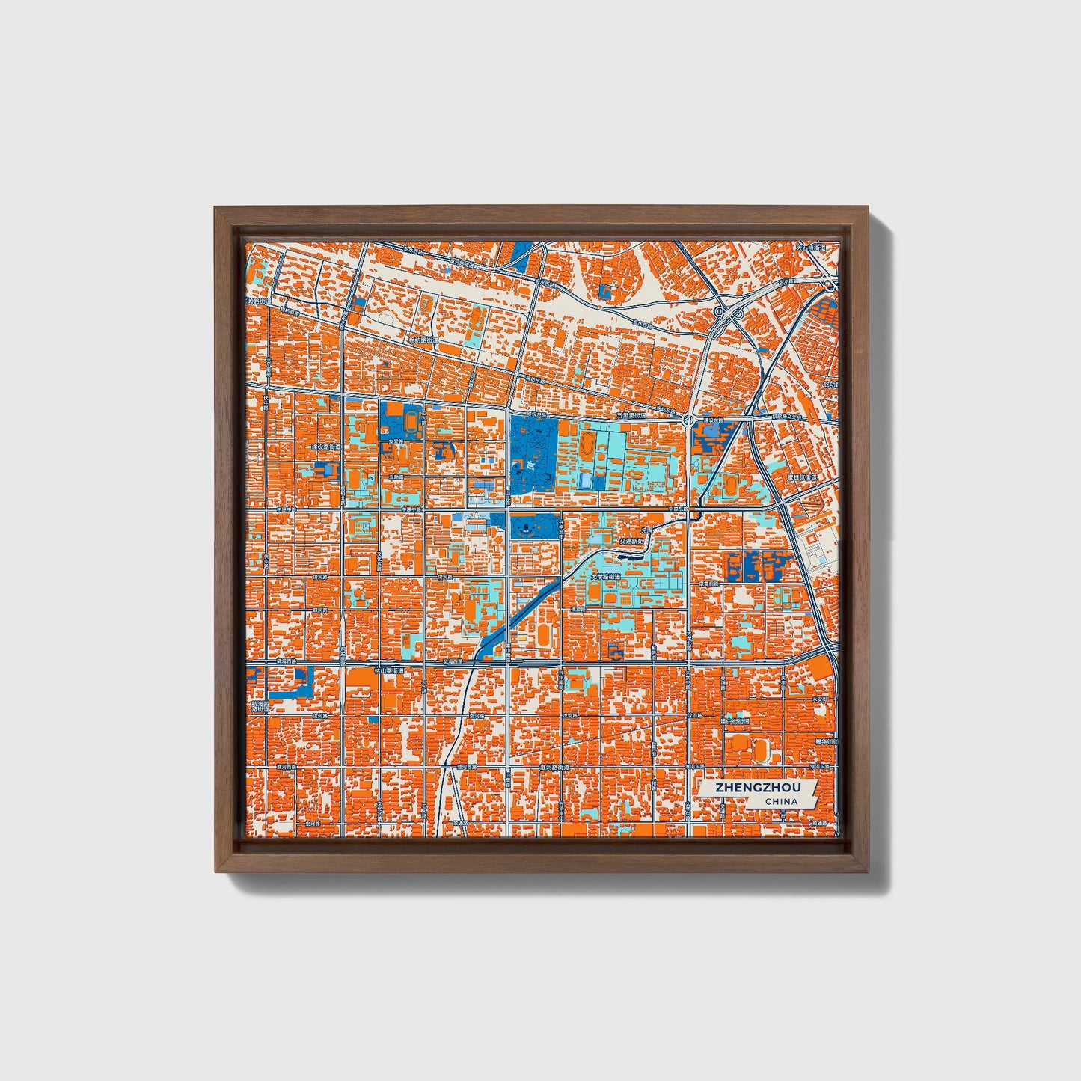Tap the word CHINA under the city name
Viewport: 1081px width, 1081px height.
[x=780, y=802]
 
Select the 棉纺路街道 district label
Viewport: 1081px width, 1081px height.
[x=421, y=340]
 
